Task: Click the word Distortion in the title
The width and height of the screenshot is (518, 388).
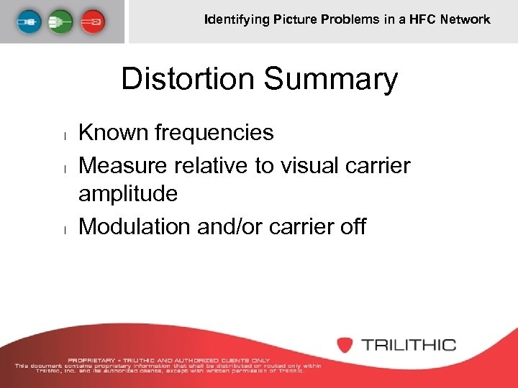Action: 187,79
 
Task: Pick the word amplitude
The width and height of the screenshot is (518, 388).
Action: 128,193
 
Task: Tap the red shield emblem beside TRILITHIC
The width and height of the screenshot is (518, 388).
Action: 345,344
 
